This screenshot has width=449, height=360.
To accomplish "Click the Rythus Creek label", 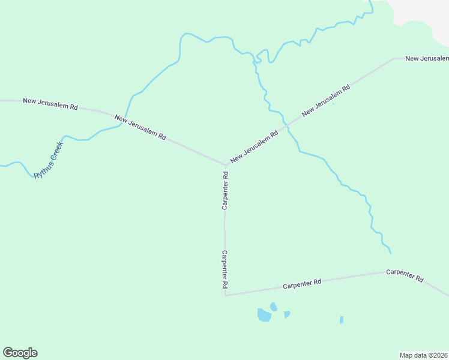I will pyautogui.click(x=48, y=160).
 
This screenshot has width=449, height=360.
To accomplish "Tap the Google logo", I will pyautogui.click(x=20, y=353).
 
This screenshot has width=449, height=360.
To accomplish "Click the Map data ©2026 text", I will pyautogui.click(x=423, y=355).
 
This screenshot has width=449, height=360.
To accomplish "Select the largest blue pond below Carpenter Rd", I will pyautogui.click(x=264, y=315).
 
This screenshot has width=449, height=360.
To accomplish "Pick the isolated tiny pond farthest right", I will pyautogui.click(x=341, y=319).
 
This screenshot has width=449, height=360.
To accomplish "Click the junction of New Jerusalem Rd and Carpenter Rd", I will pyautogui.click(x=226, y=164).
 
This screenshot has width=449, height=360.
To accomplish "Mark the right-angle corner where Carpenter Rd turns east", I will pyautogui.click(x=225, y=295).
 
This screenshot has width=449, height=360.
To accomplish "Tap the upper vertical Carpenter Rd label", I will pyautogui.click(x=225, y=191).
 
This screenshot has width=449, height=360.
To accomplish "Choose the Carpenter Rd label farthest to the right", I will pyautogui.click(x=405, y=275).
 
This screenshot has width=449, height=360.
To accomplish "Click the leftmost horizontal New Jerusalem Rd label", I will pyautogui.click(x=50, y=103).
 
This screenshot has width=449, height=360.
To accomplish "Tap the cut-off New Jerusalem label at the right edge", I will pyautogui.click(x=427, y=58).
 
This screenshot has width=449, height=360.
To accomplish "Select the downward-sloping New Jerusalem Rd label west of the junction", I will pyautogui.click(x=140, y=127).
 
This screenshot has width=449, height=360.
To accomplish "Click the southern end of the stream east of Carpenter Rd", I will pyautogui.click(x=391, y=253).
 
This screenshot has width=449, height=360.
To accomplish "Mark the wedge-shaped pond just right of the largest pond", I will pyautogui.click(x=286, y=314).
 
